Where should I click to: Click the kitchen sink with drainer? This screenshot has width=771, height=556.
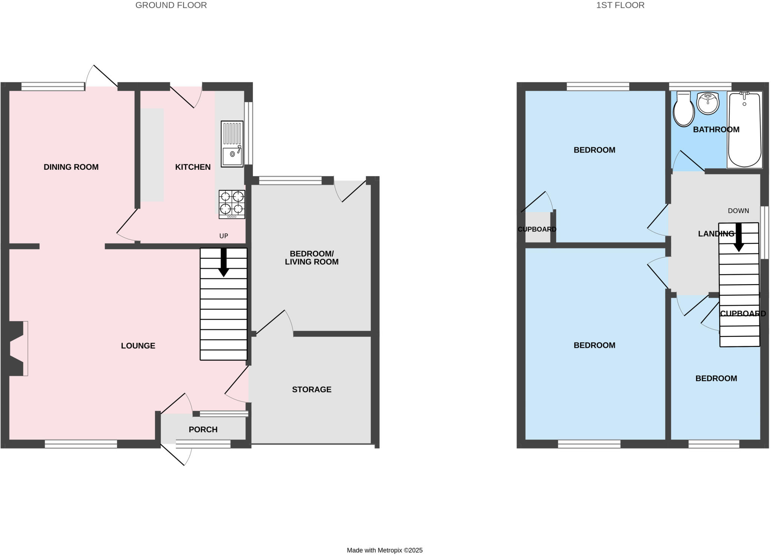coord(232,144)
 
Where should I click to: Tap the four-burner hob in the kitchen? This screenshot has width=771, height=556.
coord(232,204)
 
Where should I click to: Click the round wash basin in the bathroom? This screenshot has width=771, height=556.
coord(708,103)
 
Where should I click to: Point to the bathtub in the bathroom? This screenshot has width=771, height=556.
coord(745,129)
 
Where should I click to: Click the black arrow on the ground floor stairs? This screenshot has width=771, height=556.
coord(224,262)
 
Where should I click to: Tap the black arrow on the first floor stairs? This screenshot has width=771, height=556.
coord(739,238)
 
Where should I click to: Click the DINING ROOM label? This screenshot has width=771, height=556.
coord(71,167)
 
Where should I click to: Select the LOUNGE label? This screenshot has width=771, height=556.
coord(138,346)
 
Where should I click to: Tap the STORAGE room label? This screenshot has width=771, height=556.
coord(312,390)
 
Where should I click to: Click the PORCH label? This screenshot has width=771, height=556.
coord(203,430)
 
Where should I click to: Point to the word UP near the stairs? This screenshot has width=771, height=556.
coord(224,236)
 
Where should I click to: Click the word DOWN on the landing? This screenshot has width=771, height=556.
coord(738,211)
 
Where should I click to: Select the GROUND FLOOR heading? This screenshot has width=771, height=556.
coord(171,5)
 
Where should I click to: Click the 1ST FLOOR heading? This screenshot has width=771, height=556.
coord(620,5)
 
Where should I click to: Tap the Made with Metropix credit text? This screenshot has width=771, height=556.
coord(385,550)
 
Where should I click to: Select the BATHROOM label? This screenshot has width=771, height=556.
coord(716,129)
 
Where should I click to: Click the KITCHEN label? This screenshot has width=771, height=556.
coord(193,167)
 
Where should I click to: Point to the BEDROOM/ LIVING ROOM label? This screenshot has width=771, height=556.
coord(312,258)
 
